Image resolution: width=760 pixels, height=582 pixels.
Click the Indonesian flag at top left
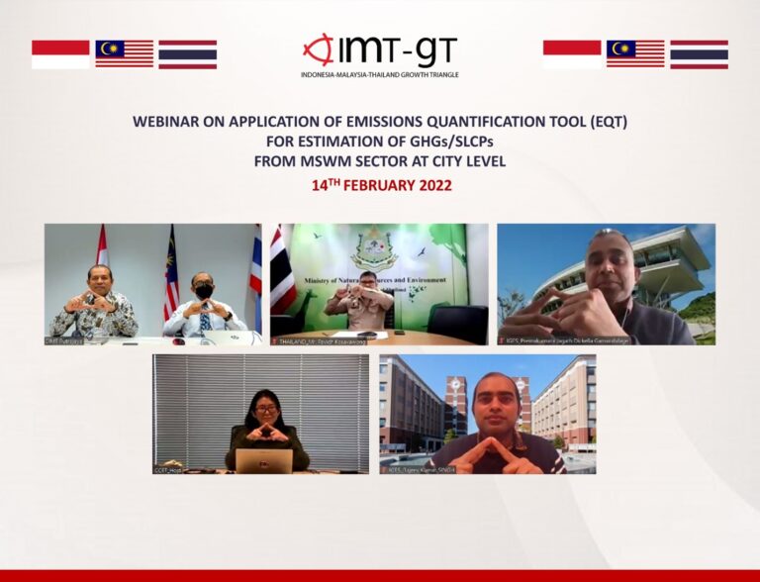60,54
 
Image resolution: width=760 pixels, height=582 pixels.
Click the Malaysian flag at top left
124,54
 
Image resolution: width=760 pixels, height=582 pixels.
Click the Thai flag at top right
699,54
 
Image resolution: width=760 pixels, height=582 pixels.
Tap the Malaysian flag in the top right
635,54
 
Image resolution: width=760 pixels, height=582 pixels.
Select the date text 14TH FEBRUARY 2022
380,185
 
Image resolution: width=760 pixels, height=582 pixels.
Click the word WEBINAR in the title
168,122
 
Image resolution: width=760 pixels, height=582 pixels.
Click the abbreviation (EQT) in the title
607,122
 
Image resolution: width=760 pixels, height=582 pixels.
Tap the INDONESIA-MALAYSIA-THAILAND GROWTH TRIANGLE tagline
380,75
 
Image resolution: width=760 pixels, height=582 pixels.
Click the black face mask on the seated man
203,292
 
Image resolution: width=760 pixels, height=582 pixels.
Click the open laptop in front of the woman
263,460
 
